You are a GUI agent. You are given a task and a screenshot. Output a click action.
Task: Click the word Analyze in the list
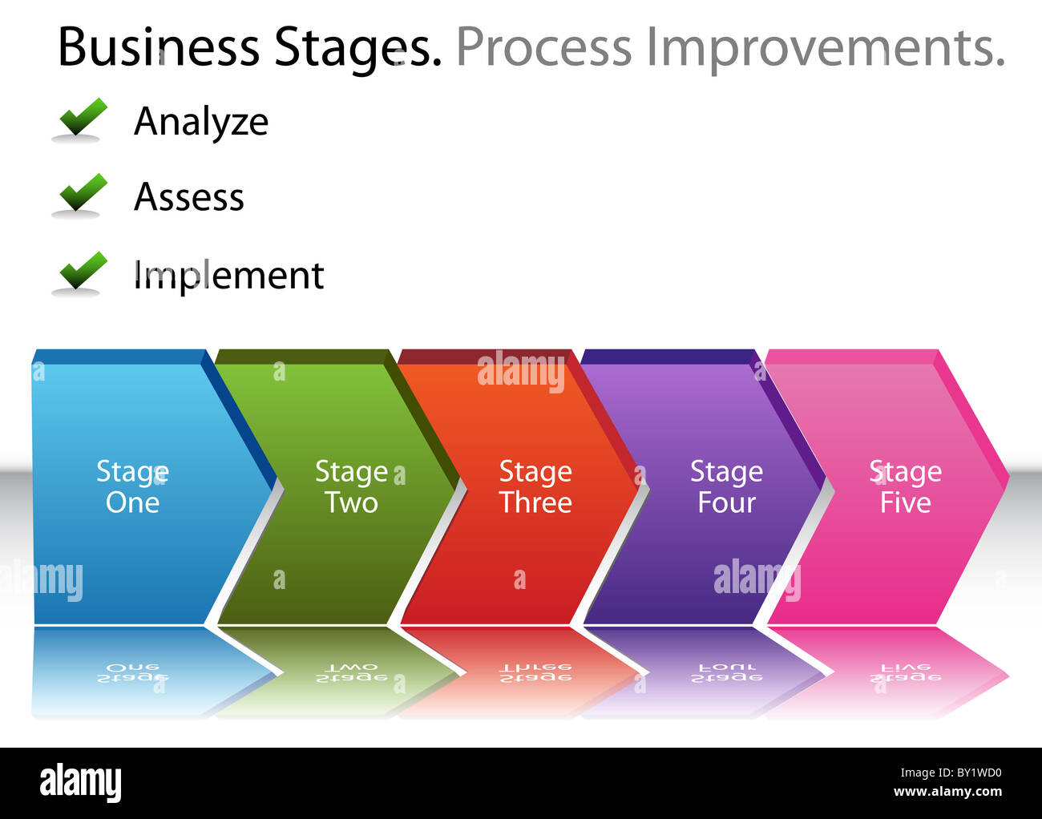[201, 123]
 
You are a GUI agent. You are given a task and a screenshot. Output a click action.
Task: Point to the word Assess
[189, 198]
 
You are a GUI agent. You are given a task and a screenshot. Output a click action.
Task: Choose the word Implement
[228, 276]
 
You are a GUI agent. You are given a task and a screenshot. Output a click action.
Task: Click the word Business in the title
[159, 47]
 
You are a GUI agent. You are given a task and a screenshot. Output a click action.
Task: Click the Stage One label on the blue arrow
[132, 486]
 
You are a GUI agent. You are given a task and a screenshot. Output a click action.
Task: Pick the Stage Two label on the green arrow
[351, 486]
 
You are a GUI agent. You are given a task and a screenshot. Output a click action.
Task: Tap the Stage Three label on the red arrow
[535, 486]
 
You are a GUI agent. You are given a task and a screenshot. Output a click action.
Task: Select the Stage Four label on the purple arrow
[726, 486]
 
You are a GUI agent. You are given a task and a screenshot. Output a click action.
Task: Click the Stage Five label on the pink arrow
[905, 486]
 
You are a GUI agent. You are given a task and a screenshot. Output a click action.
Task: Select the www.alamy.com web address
[947, 793]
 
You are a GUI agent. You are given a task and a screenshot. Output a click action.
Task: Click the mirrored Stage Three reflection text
[535, 672]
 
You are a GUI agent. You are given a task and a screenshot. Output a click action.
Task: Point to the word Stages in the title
[357, 47]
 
